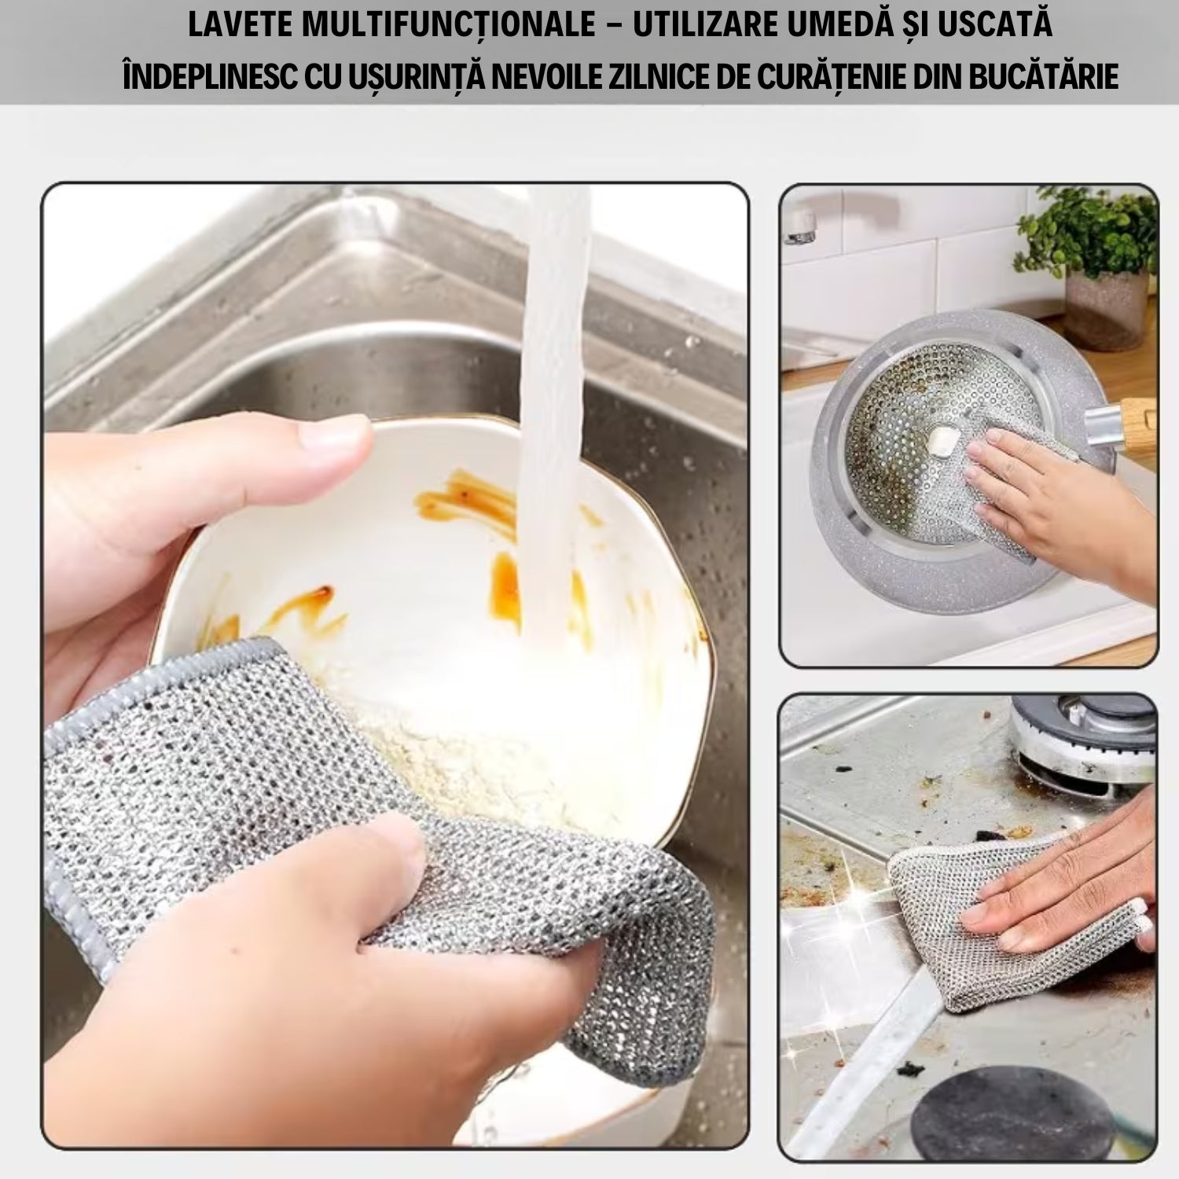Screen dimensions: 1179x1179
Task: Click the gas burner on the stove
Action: (x=1085, y=739)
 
